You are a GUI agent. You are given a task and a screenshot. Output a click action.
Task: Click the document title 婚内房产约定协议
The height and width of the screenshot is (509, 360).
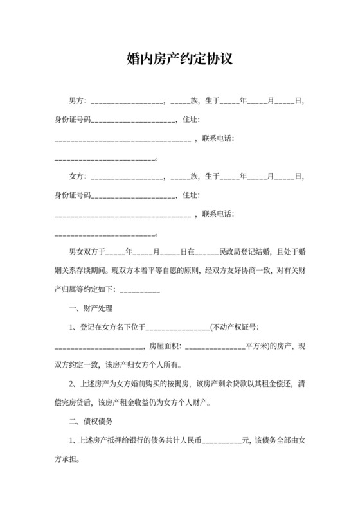pyautogui.click(x=179, y=60)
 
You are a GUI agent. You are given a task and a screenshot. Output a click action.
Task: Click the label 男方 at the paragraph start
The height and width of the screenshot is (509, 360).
pyautogui.click(x=77, y=101)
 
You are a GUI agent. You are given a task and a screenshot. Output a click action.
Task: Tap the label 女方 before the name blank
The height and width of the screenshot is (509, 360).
pyautogui.click(x=77, y=175)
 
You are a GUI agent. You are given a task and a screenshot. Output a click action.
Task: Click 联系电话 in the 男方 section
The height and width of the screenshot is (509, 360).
pyautogui.click(x=218, y=138)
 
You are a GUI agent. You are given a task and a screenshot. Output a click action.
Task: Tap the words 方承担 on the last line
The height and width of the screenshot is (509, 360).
pyautogui.click(x=68, y=460)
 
